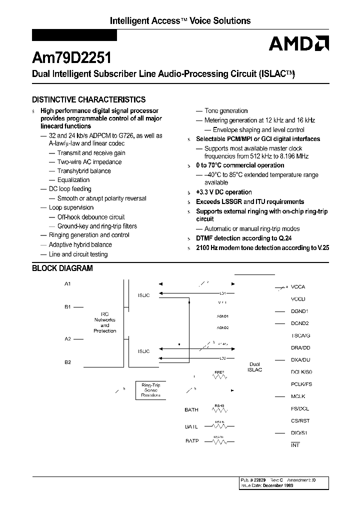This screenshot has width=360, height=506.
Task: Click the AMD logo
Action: (298, 44)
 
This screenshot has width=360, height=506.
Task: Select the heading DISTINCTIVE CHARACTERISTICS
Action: (88, 99)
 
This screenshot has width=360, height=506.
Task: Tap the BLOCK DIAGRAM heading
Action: (62, 268)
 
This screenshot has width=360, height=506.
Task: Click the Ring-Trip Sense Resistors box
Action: (150, 390)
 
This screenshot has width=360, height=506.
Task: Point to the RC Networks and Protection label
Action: (105, 322)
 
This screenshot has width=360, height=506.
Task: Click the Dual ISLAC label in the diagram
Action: (254, 366)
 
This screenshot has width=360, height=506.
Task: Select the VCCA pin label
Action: (297, 287)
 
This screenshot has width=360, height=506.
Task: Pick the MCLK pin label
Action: (298, 396)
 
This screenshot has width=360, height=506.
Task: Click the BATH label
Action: (191, 409)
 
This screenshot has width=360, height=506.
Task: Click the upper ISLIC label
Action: (143, 295)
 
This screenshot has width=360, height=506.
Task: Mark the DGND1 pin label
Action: (299, 311)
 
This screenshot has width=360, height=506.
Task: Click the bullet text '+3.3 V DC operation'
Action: (223, 192)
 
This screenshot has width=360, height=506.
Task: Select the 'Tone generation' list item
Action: (226, 110)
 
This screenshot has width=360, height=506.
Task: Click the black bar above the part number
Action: (74, 35)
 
